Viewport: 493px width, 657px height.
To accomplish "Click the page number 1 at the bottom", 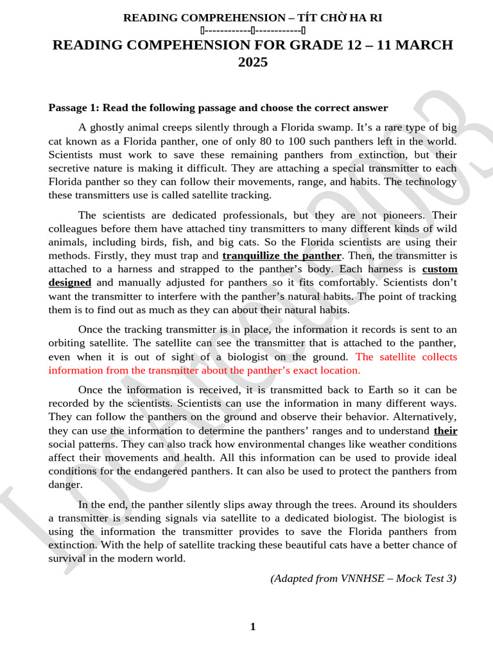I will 253,626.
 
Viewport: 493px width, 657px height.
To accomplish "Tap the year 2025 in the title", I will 253,62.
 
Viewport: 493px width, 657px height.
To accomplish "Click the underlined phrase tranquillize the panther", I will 281,255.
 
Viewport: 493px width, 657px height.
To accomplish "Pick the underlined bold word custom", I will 440,269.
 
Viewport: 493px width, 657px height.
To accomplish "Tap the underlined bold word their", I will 445,431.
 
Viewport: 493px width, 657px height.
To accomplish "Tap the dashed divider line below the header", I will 253,30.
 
